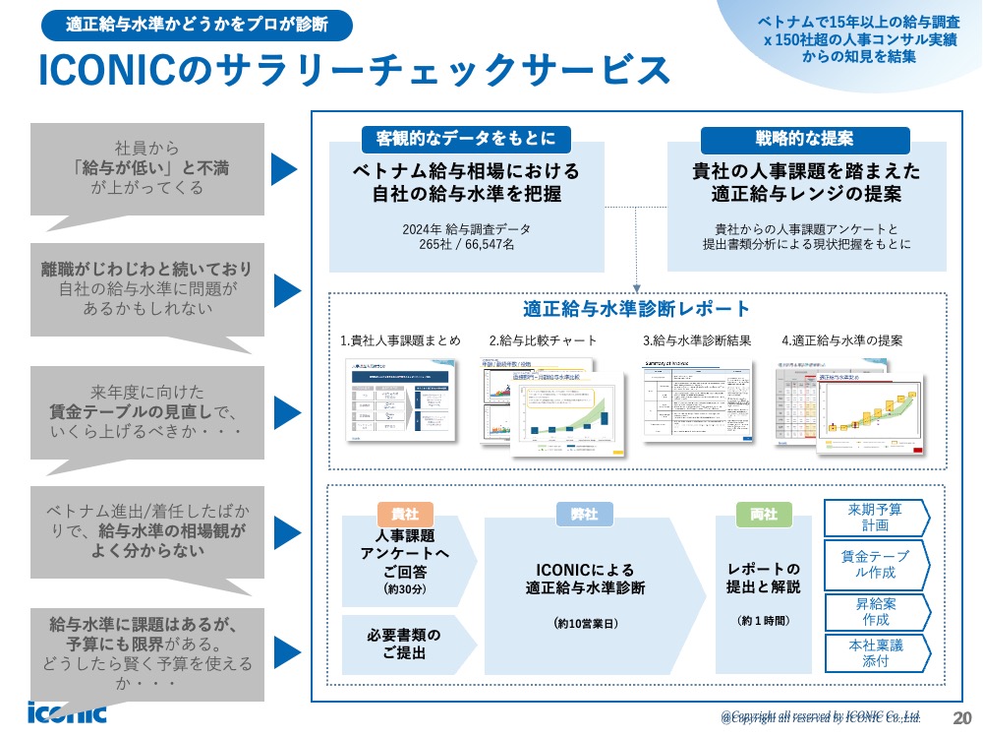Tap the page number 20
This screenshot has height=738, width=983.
(x=962, y=716)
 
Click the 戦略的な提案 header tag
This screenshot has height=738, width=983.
(x=804, y=138)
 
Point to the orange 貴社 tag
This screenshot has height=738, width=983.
(x=405, y=515)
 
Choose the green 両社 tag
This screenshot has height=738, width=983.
(x=764, y=515)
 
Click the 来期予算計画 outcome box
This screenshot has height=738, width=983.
(x=875, y=517)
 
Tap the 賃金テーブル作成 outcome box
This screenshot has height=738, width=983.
(x=875, y=564)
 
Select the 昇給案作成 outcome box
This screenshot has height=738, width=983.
(x=875, y=611)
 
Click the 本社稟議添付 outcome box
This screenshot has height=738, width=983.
(x=875, y=653)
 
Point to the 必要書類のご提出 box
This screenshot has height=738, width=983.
(x=404, y=644)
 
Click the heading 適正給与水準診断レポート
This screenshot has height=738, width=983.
(x=637, y=308)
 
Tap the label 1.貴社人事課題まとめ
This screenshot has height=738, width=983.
(x=400, y=340)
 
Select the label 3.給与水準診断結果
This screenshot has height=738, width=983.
(x=697, y=340)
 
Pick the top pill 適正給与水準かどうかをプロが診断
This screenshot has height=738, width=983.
(x=197, y=25)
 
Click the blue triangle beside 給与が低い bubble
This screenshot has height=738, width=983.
(x=283, y=169)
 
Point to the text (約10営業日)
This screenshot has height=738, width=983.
(x=586, y=623)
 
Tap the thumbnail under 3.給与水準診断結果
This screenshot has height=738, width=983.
(x=696, y=399)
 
